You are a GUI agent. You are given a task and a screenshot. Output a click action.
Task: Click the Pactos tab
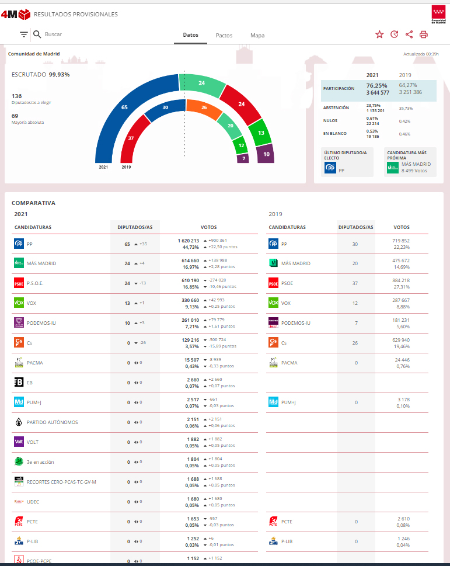pos(224,36)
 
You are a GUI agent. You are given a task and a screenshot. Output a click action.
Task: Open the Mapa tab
pos(257,36)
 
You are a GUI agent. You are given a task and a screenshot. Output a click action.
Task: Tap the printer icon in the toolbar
pos(424,34)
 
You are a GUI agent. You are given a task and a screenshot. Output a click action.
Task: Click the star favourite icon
pos(379,34)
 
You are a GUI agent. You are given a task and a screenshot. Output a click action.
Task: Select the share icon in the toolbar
pos(409,34)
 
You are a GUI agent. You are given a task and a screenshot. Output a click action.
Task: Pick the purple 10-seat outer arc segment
pos(266,155)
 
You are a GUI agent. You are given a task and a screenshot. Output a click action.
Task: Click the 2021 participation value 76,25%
pos(376,85)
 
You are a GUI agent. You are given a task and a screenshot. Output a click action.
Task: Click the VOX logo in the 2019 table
pos(273,303)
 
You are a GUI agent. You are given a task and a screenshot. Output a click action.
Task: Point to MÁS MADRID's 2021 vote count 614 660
pos(187,261)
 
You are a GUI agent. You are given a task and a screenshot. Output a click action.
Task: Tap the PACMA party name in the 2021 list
pos(35,363)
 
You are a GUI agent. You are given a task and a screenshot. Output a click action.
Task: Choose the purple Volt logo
pos(19,442)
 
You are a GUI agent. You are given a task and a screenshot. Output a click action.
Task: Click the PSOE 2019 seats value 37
pos(356,283)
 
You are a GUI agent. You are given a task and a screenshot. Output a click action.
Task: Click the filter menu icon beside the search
pos(23,34)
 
